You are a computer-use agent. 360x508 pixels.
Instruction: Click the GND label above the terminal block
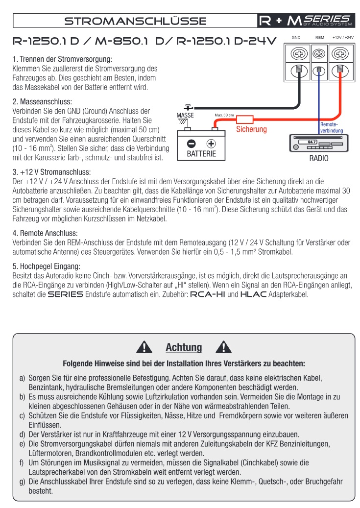(x=296, y=37)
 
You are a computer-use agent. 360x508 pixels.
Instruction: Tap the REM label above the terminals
(x=319, y=37)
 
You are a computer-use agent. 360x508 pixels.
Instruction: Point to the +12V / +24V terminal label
(x=343, y=37)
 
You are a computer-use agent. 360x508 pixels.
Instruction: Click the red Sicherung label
(x=251, y=130)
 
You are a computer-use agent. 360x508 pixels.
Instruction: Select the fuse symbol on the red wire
(x=244, y=119)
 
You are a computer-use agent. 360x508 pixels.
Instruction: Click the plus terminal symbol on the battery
(x=211, y=144)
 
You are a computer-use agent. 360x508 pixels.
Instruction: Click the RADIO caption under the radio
(x=318, y=159)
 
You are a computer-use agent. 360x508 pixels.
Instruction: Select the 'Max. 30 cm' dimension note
(x=224, y=115)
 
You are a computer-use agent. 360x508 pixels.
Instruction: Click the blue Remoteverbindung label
(x=332, y=128)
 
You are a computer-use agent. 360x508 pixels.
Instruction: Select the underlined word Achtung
(x=184, y=347)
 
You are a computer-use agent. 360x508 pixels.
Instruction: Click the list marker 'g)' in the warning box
(x=22, y=482)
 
